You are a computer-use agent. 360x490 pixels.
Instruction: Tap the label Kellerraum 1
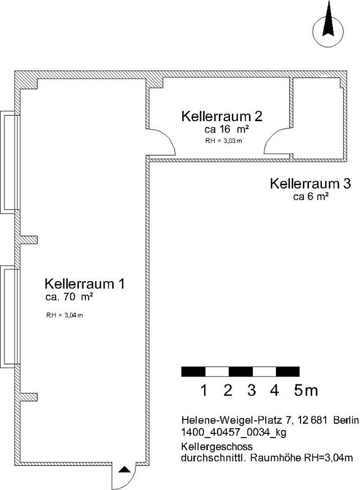point(85,284)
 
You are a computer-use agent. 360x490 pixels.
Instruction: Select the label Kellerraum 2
point(222,116)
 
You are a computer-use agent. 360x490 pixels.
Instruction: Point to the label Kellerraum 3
point(310,184)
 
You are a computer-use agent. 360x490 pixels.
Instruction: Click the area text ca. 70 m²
point(69,297)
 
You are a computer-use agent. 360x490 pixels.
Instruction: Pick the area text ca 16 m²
point(227,129)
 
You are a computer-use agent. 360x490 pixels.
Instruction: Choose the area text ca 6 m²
point(311,196)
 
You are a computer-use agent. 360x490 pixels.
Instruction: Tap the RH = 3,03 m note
point(223,141)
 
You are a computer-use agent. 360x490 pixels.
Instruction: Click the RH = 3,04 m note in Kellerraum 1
point(64,315)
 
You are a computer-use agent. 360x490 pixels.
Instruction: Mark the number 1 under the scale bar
point(204,390)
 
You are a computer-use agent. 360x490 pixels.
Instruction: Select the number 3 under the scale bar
point(251,390)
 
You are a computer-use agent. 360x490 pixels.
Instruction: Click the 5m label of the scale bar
point(306,390)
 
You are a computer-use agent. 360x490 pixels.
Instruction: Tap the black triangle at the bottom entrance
point(124,469)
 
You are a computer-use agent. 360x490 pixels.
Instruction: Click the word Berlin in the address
point(346,420)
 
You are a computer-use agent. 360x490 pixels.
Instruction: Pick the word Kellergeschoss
point(217,446)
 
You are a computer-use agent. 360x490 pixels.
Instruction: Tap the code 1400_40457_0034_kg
point(234,433)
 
